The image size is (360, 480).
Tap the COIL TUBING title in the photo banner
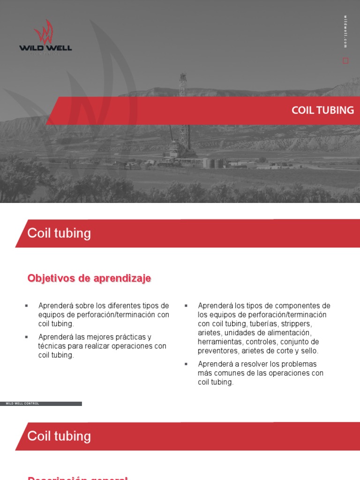pos(322,111)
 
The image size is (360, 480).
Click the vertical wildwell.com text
pos(345,31)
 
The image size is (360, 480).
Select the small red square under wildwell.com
pos(345,60)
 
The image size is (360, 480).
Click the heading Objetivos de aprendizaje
pos(89,278)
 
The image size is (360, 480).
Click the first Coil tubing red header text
pos(59,233)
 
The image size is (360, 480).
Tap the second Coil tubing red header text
pos(59,436)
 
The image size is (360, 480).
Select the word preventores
pos(217,351)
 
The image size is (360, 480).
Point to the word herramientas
pos(218,342)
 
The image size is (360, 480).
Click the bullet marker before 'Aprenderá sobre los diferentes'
pos(26,306)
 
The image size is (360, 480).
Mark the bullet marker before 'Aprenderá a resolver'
pos(186,364)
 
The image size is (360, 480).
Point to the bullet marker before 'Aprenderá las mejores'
pos(26,337)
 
